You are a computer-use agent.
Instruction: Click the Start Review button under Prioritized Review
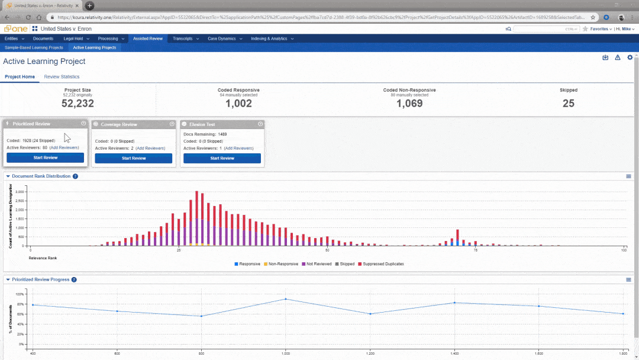pyautogui.click(x=45, y=158)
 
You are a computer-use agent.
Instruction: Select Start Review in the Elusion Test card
pyautogui.click(x=222, y=158)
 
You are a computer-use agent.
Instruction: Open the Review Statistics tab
pyautogui.click(x=62, y=77)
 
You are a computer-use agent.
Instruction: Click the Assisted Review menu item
pyautogui.click(x=147, y=38)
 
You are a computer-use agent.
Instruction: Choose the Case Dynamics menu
pyautogui.click(x=221, y=38)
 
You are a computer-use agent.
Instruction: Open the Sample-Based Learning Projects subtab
pyautogui.click(x=34, y=47)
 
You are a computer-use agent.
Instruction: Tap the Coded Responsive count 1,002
pyautogui.click(x=238, y=104)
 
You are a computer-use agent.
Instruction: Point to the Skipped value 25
pyautogui.click(x=569, y=104)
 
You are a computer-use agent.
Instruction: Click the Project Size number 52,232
pyautogui.click(x=78, y=104)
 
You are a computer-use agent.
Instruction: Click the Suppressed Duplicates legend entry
pyautogui.click(x=383, y=263)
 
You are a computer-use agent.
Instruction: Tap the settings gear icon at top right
pyautogui.click(x=630, y=57)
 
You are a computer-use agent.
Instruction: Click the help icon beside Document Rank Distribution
pyautogui.click(x=75, y=176)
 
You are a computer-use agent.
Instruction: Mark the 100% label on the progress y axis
pyautogui.click(x=20, y=294)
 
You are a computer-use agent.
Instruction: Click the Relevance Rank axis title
pyautogui.click(x=43, y=258)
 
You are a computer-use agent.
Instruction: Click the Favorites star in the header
pyautogui.click(x=585, y=28)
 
